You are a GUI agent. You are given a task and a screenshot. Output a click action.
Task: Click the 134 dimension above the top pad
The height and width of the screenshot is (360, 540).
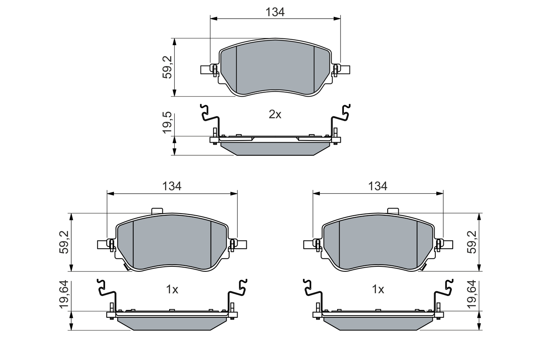[275, 12]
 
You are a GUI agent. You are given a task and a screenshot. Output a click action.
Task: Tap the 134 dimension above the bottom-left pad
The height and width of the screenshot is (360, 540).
[172, 186]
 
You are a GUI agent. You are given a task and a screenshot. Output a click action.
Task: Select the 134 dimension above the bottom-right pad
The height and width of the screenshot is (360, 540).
[378, 186]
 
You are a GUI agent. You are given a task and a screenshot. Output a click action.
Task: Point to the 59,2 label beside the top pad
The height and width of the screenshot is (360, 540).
[167, 67]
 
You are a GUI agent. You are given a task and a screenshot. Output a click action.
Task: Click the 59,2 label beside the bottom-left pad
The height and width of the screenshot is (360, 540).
[64, 242]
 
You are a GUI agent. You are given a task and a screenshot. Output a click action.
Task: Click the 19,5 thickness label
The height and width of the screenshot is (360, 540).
[167, 122]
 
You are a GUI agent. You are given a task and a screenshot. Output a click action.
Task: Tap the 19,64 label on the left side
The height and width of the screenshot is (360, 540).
[64, 295]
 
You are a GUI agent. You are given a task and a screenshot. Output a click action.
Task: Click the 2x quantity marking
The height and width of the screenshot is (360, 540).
[275, 114]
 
